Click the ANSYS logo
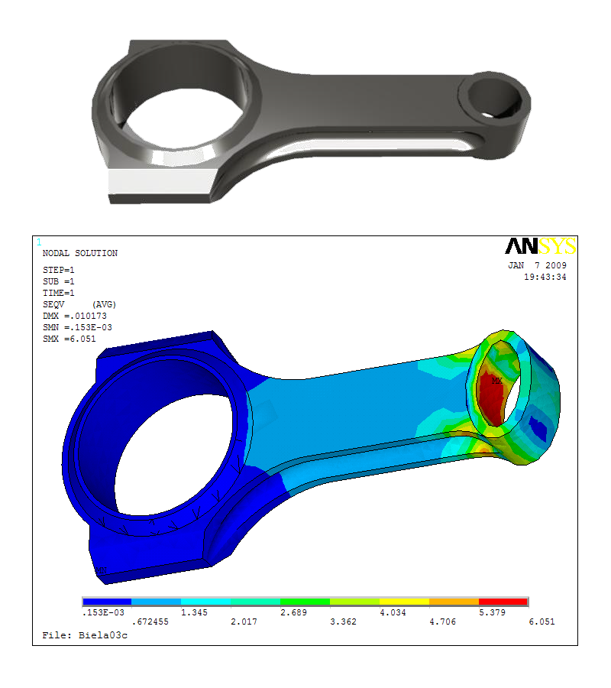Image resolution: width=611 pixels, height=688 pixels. click(x=541, y=246)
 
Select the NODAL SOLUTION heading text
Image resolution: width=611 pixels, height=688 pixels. click(x=80, y=253)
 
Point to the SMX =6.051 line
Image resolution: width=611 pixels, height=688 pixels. click(x=70, y=339)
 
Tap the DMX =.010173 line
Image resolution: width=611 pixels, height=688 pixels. click(x=75, y=316)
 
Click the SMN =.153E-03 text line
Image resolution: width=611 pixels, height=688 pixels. click(x=77, y=327)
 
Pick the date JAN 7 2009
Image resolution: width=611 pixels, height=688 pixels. click(x=538, y=265)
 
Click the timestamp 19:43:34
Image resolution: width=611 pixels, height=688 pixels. click(x=545, y=277)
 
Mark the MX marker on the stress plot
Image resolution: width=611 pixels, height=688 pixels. click(x=496, y=381)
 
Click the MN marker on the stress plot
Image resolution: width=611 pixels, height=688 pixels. click(x=102, y=570)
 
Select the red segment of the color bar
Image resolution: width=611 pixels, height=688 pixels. click(x=503, y=602)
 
